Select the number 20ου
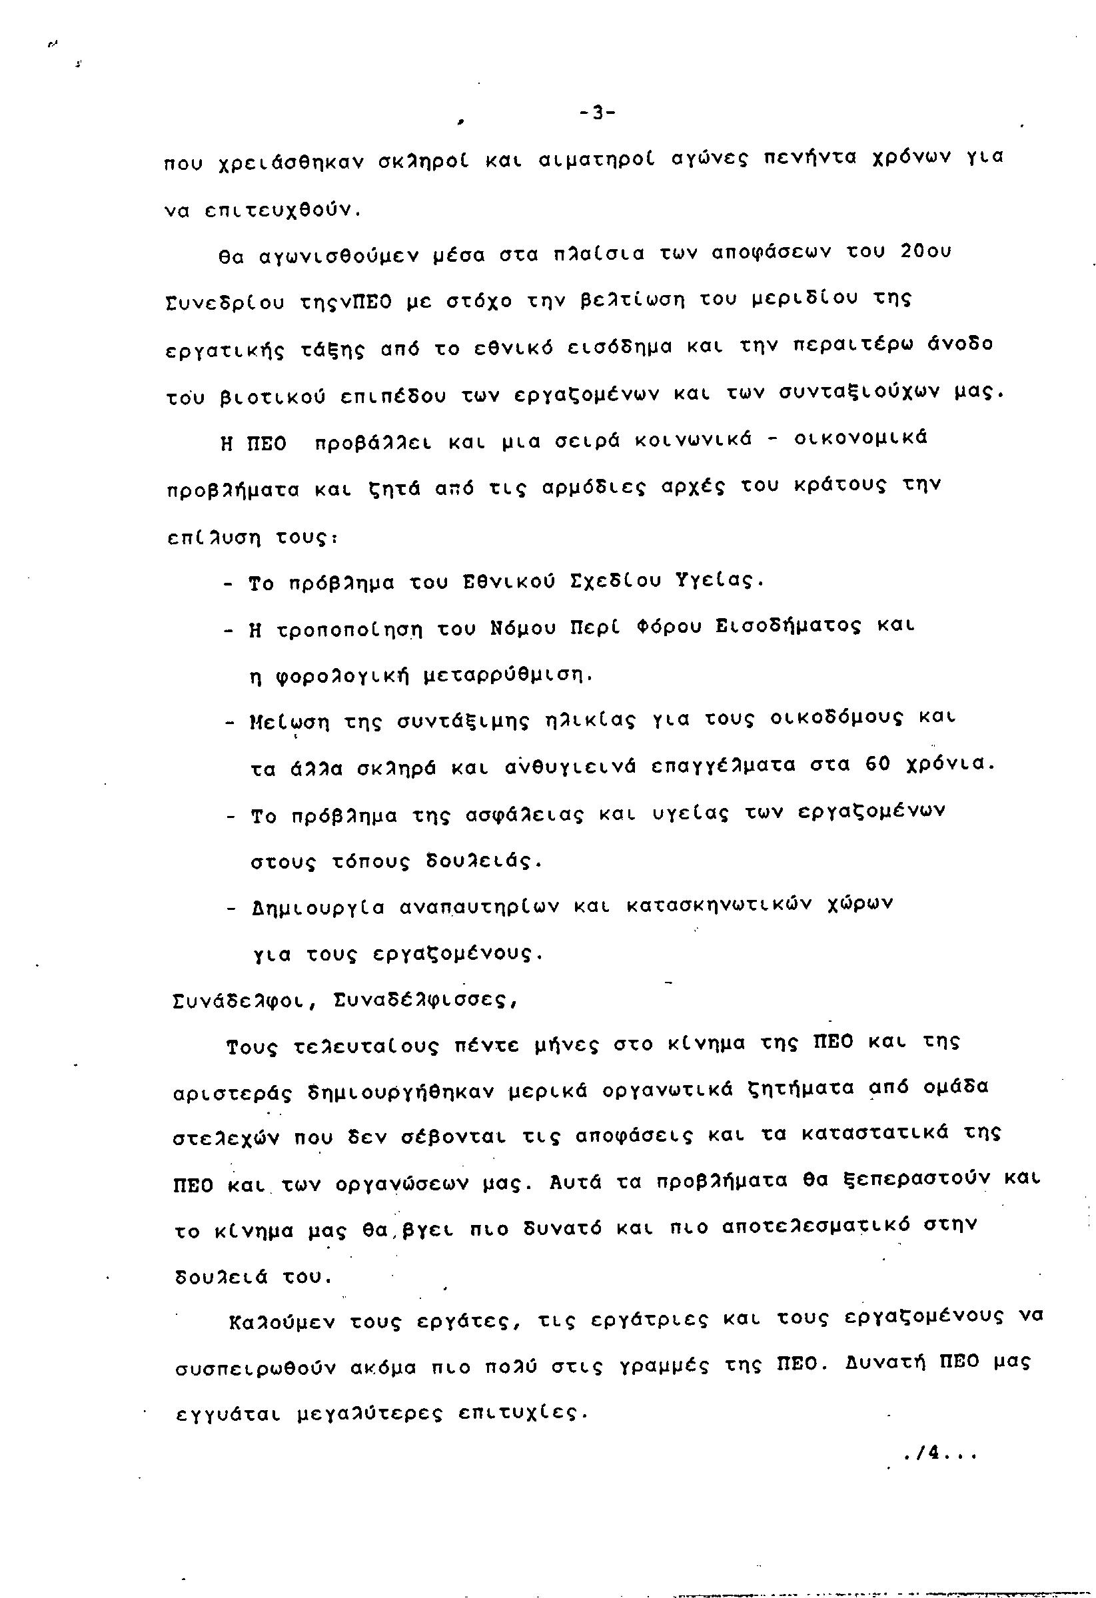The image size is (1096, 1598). [x=925, y=252]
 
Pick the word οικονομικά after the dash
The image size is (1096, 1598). [x=860, y=439]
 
